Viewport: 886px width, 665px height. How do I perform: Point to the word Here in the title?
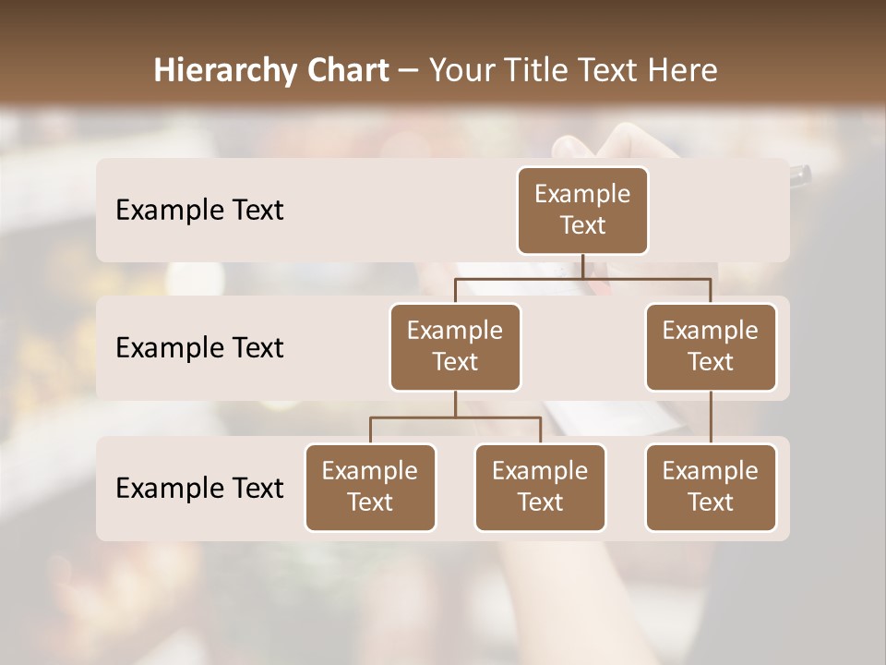pos(684,71)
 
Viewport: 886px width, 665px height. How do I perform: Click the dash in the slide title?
pos(408,72)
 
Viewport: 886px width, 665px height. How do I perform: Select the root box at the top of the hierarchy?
pos(582,211)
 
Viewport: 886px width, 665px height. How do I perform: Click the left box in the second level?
pos(455,347)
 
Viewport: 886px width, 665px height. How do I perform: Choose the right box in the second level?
pos(711,347)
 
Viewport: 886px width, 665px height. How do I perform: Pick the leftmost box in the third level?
pos(370,488)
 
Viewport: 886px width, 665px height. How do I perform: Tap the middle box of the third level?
pos(540,488)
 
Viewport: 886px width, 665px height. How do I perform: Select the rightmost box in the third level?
pos(711,488)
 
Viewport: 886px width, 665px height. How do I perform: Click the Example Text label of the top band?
pos(199,211)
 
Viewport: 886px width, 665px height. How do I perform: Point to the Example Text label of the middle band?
pos(199,348)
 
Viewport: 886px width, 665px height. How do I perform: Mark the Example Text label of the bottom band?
pos(199,488)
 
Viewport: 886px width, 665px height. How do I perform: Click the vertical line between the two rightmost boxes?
pos(711,417)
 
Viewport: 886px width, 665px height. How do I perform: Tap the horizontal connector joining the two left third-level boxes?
pos(498,417)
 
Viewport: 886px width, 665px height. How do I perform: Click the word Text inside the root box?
pos(582,225)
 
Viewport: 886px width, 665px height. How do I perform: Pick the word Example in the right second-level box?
pos(711,332)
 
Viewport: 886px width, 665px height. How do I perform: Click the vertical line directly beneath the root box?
pos(582,266)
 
